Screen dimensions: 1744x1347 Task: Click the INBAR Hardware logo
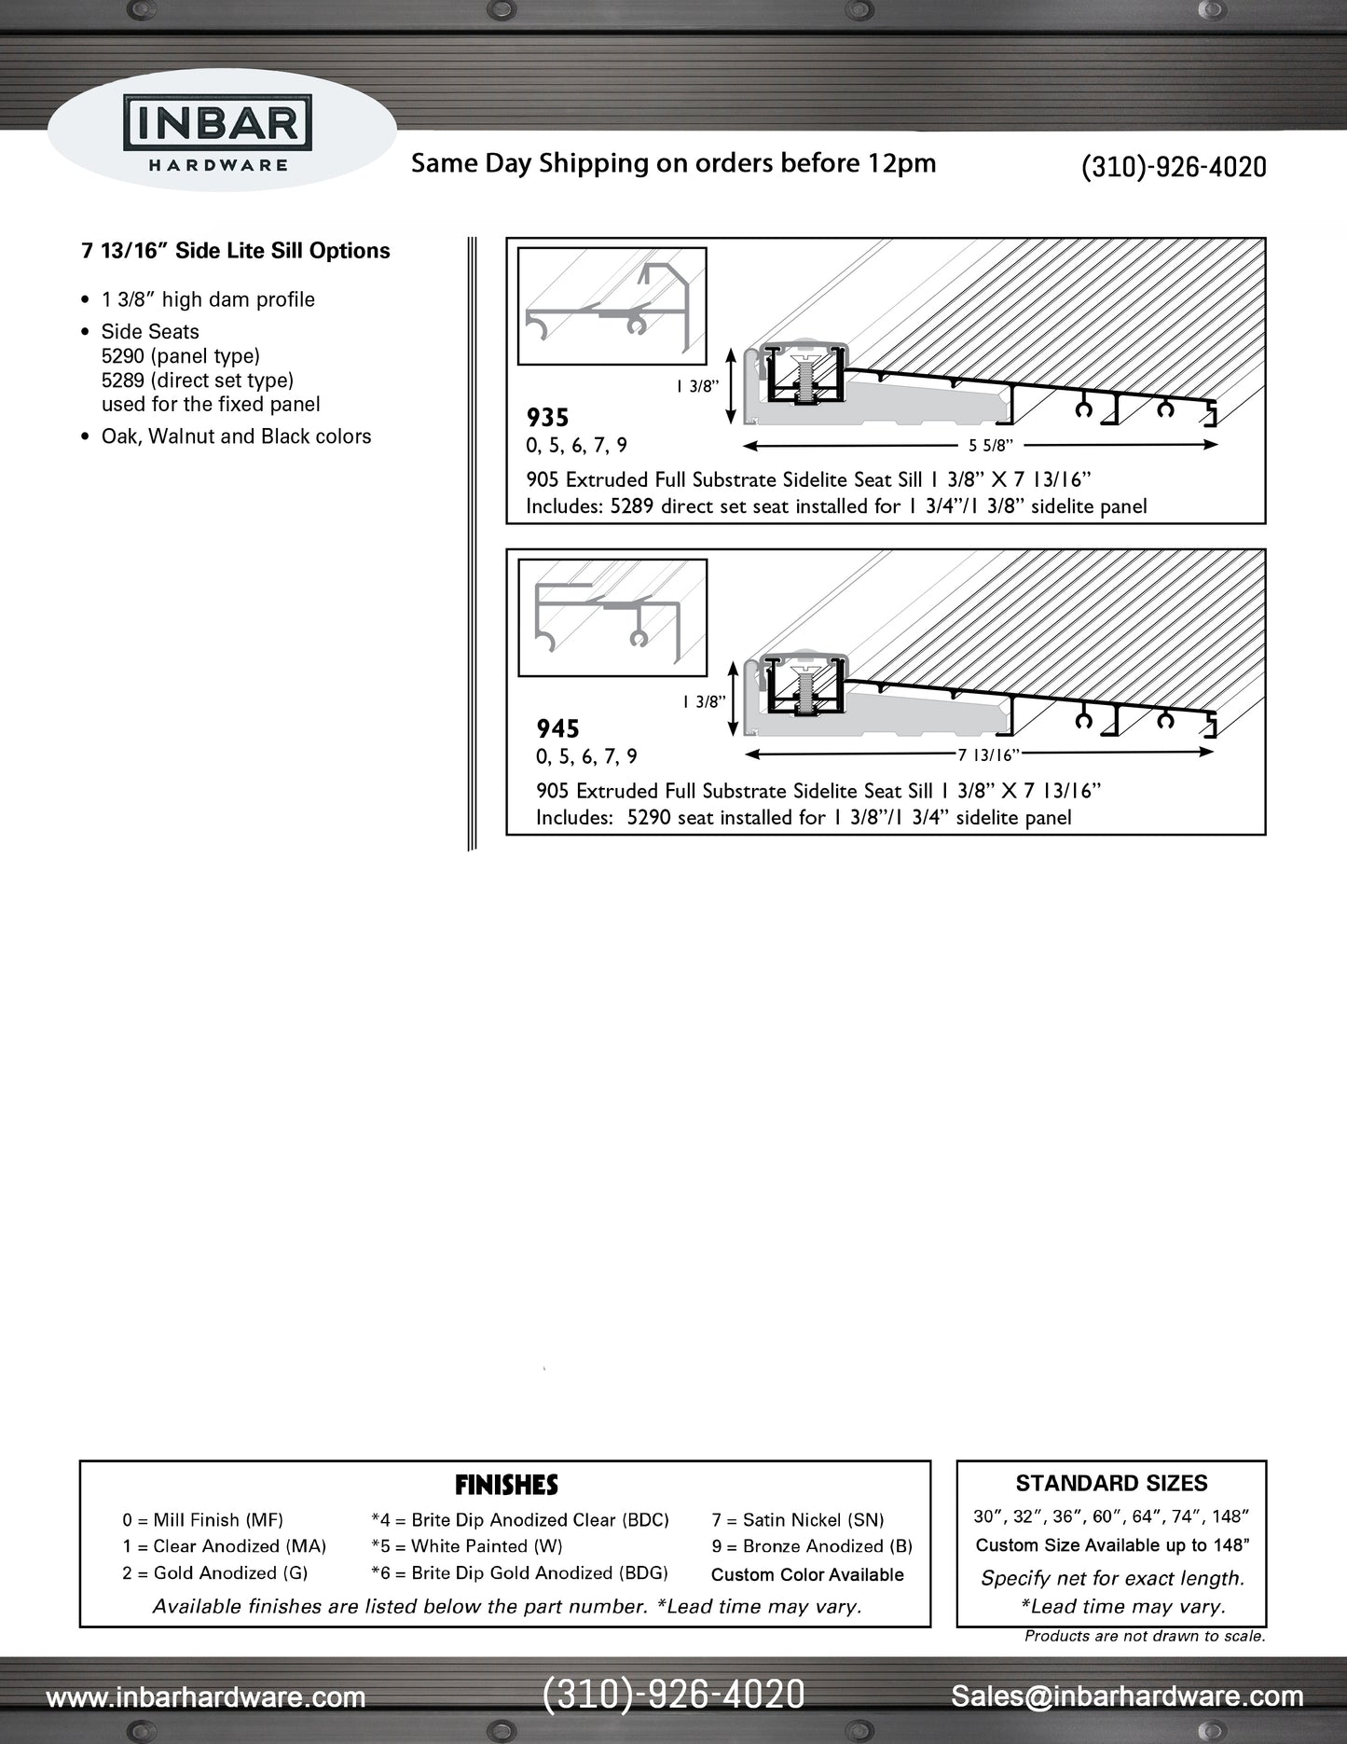218,132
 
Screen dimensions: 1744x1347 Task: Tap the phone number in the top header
1173,167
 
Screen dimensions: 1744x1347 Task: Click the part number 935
547,418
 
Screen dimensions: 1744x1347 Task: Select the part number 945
557,728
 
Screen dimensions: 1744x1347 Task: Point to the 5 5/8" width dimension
990,446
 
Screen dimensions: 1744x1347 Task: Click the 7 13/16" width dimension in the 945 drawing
987,754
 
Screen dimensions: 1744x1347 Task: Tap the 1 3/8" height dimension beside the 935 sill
697,386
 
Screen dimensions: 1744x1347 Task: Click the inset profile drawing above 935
612,306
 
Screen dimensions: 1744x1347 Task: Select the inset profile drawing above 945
612,617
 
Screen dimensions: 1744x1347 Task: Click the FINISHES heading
506,1485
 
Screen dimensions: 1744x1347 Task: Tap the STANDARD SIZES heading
1111,1483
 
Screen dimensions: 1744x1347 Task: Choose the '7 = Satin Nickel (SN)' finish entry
797,1520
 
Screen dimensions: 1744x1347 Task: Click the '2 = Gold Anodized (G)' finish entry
214,1573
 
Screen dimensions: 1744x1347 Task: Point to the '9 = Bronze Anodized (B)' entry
811,1546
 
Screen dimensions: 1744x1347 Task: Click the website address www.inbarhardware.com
205,1696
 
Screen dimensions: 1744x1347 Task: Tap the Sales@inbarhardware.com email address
1126,1696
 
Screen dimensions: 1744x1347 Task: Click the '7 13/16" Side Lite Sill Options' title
236,251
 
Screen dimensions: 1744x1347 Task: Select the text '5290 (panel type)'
181,356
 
